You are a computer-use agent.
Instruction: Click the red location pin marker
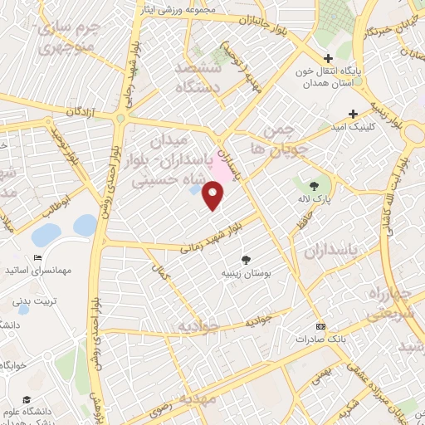click(x=215, y=196)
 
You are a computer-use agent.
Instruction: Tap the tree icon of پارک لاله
click(x=314, y=186)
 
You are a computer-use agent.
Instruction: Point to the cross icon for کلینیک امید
click(x=353, y=113)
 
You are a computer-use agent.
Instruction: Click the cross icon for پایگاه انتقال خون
click(x=329, y=58)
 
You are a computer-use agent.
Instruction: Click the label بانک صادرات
click(x=319, y=340)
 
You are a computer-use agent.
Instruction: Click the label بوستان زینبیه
click(x=246, y=272)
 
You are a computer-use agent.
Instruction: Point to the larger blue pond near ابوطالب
click(x=85, y=224)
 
